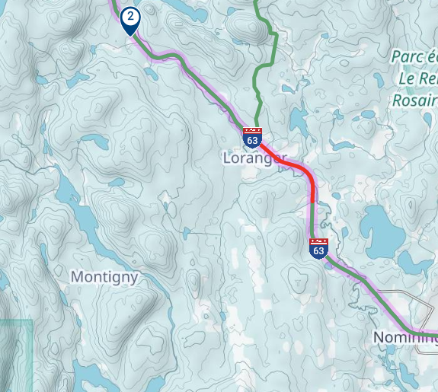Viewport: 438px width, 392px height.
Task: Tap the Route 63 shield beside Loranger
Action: click(x=253, y=138)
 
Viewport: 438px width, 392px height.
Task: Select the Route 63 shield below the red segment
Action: click(x=318, y=247)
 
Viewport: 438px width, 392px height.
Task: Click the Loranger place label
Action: click(x=254, y=159)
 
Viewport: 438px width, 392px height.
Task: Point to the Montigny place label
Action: click(x=104, y=277)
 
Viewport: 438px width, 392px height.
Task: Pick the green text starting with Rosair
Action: click(x=415, y=100)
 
